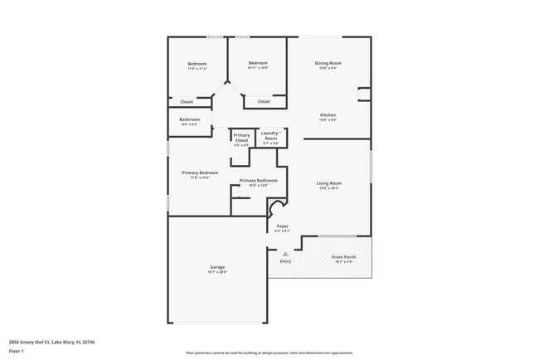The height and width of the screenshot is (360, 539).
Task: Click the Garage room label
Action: point(217,266)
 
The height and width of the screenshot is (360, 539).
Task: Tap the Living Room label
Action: point(329,182)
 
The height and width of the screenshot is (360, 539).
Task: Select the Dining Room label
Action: point(328,63)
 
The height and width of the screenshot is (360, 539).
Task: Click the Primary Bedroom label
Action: point(199,173)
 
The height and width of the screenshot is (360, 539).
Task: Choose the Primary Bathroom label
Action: point(258,180)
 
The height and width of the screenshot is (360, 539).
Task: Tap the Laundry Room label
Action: point(270,135)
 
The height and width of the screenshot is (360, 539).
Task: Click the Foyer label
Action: point(283,226)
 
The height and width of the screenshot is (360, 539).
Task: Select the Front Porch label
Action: point(343,257)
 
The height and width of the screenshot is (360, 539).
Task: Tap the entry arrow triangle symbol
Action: point(285,254)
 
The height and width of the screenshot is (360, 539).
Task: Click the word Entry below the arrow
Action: point(285,261)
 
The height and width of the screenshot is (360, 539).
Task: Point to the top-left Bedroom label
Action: point(197,64)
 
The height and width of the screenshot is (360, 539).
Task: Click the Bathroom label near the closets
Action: point(189,119)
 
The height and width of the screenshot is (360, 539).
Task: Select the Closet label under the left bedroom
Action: point(187,102)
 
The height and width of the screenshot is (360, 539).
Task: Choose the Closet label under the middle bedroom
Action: point(264,102)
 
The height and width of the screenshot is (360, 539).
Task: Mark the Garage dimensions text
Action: point(217,271)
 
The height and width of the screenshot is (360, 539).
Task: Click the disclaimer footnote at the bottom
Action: point(269,352)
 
